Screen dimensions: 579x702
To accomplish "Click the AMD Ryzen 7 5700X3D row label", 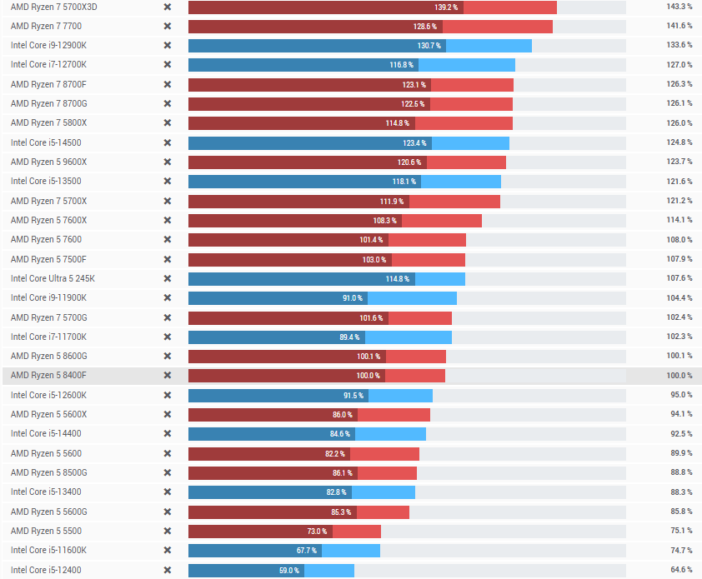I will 54,7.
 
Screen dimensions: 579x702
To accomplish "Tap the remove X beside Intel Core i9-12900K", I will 167,45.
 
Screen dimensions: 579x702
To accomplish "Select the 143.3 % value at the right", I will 679,7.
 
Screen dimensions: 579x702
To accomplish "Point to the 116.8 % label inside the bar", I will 402,65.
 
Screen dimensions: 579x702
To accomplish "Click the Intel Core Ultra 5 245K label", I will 53,278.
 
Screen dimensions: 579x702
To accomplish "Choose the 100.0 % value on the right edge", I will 679,376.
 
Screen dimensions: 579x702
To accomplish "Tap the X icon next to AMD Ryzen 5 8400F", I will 167,376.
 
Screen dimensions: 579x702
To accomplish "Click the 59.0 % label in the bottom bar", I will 288,571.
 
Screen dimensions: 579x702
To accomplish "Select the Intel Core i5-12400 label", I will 46,570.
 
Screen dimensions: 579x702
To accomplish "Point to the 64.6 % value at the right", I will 681,570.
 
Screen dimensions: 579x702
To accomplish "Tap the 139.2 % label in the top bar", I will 447,7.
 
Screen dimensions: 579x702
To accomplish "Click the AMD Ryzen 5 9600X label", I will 48,162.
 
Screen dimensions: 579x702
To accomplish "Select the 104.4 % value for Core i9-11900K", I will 679,298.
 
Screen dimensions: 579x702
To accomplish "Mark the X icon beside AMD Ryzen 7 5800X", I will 167,123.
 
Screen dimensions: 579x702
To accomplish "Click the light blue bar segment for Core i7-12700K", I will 467,65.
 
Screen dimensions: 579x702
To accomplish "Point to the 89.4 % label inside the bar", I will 349,337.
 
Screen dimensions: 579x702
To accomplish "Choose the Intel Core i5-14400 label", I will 46,434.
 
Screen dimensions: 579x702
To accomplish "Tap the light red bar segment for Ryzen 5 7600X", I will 442,220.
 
